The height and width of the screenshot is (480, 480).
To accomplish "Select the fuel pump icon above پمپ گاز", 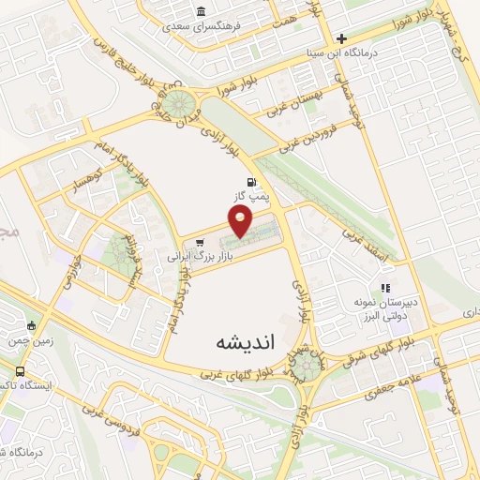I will (249, 182).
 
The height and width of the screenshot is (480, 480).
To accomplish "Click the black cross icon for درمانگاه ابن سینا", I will (342, 39).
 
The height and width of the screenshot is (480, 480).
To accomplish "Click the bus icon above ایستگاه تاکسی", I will (21, 372).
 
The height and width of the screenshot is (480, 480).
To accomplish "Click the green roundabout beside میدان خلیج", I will (184, 102).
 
